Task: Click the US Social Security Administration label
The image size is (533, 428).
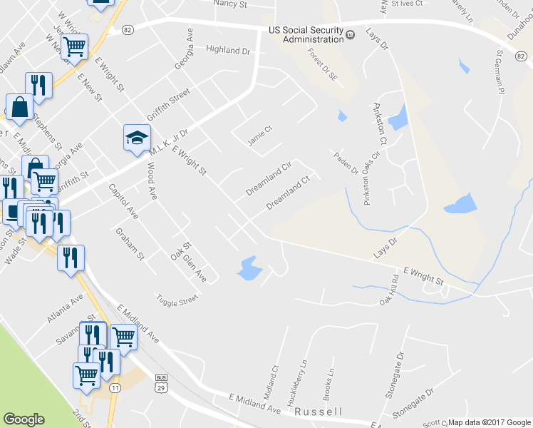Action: [304, 34]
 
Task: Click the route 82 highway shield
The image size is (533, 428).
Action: [128, 29]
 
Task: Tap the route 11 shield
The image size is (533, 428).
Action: [115, 387]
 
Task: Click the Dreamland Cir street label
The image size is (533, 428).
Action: [269, 178]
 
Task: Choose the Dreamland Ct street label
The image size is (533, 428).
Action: [289, 193]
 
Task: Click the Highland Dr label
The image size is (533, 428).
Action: [229, 51]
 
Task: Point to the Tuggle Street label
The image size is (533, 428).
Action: [177, 300]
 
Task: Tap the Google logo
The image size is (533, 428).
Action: [24, 419]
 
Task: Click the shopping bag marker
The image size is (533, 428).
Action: [20, 108]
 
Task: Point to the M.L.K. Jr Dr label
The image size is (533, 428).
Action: [168, 142]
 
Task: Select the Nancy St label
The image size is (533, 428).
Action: [229, 4]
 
